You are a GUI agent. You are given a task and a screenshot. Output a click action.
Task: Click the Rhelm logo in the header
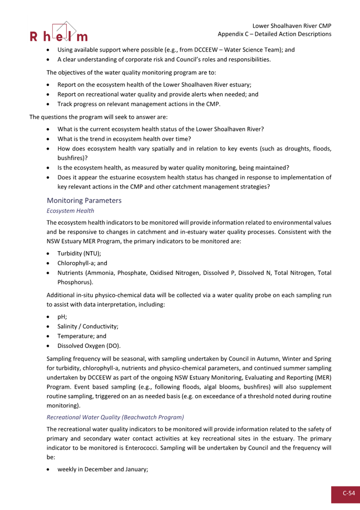point(58,32)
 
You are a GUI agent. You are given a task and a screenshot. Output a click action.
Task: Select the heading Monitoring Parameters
point(84,200)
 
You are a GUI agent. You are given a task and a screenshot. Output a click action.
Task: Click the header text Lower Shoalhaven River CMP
point(292,26)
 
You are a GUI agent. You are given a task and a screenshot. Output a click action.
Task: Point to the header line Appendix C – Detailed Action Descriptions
point(274,34)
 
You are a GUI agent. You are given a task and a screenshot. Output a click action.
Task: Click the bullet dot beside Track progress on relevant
point(48,105)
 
